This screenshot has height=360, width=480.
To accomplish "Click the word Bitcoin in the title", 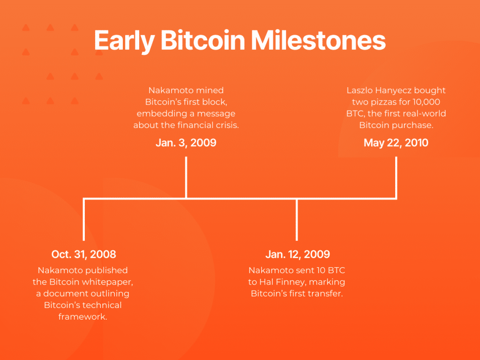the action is point(202,40).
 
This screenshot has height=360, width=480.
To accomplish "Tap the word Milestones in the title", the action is point(318,40).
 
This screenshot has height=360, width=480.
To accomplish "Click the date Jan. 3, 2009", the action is point(186,142).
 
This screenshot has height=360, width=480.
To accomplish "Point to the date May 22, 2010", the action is point(396,142).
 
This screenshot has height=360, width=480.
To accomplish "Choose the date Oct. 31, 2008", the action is point(83,254).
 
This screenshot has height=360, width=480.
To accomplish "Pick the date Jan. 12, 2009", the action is point(298,254).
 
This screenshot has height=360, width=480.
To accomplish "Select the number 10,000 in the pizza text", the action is point(426,102).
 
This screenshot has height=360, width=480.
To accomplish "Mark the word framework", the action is point(82,316).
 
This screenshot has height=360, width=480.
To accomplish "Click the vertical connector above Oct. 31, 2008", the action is point(83,219).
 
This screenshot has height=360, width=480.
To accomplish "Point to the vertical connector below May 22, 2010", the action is point(396,178).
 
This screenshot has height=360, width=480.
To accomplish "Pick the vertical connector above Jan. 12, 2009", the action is point(297,219).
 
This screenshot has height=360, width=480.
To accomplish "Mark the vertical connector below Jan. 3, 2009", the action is point(186,178).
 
